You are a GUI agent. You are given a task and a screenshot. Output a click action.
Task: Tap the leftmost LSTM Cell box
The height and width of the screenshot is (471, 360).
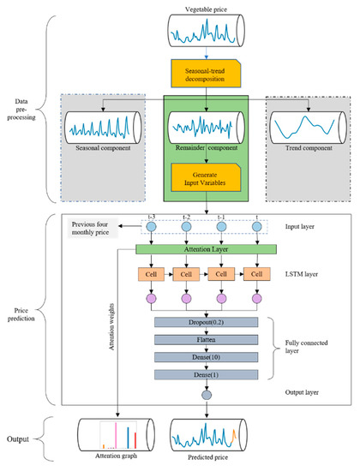click(x=152, y=275)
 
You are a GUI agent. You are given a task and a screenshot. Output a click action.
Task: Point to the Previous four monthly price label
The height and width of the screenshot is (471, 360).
click(x=102, y=228)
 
